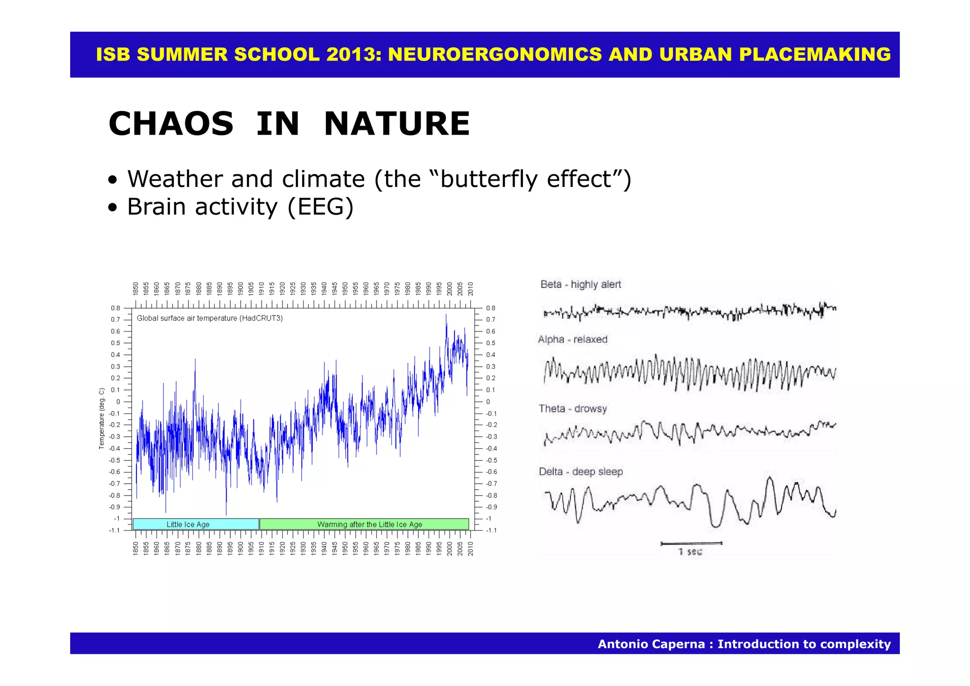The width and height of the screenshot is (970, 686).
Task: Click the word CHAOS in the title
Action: point(171,124)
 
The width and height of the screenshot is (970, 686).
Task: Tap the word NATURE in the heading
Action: point(397,124)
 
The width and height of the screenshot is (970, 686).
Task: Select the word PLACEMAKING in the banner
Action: point(815,54)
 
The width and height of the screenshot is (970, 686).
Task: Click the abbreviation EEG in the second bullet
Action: point(321,207)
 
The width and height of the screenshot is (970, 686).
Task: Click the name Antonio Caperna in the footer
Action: point(651,644)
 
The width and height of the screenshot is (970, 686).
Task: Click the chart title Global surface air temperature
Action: point(210,318)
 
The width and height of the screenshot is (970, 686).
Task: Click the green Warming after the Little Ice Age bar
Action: point(364,524)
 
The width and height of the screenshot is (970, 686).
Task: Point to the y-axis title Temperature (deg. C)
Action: point(101,418)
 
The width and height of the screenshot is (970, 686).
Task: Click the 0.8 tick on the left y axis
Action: point(116,308)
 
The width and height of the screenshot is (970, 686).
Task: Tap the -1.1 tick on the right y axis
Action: point(491,530)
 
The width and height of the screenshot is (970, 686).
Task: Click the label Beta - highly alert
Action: point(580,284)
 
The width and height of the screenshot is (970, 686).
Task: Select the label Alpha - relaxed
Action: point(572,339)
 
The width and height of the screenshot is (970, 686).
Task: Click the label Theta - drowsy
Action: point(572,408)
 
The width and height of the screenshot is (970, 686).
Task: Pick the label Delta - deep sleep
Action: point(580,471)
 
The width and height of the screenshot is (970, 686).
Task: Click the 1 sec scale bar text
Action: point(690,551)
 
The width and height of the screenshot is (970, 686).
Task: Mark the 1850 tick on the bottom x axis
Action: point(135,549)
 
